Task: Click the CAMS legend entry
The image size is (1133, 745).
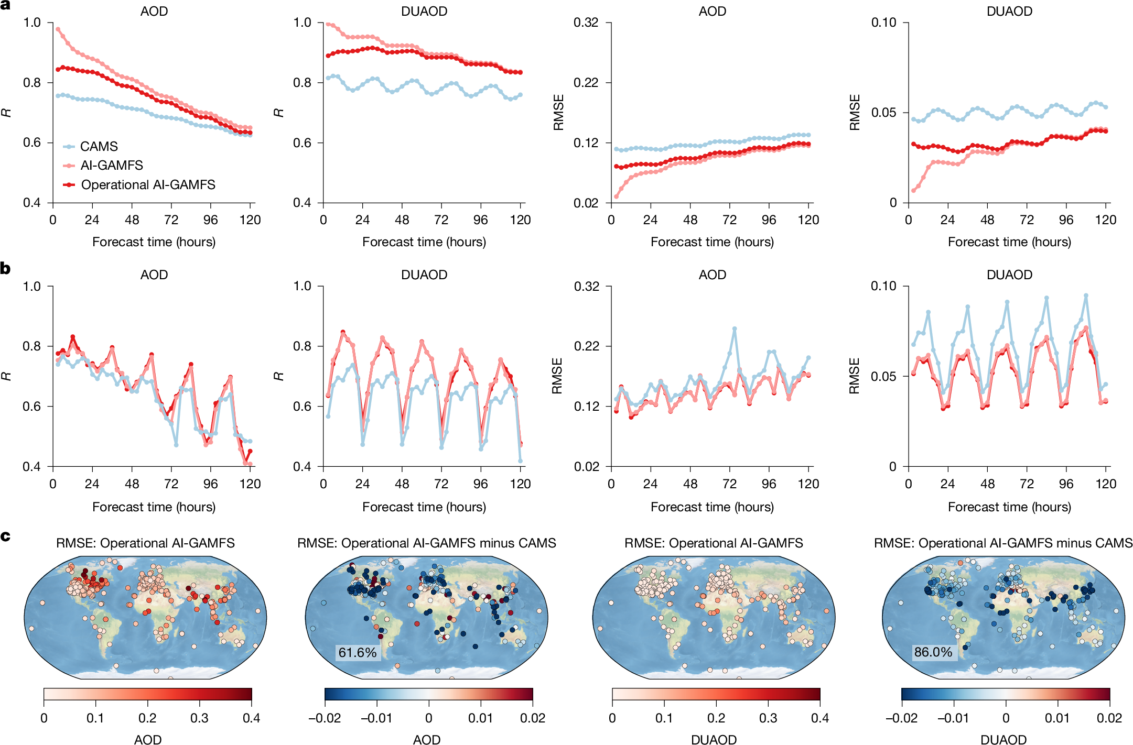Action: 99,146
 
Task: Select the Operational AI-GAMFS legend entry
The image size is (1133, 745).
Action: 148,184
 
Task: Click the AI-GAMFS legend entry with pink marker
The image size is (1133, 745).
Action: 111,166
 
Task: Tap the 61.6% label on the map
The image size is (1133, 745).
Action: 357,652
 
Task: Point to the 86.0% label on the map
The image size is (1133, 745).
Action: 933,652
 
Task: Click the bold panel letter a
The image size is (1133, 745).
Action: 5,4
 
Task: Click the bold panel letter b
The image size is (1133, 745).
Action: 5,268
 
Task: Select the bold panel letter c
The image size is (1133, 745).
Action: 5,536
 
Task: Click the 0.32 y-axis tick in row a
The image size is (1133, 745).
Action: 586,23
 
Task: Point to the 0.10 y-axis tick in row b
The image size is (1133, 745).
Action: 883,286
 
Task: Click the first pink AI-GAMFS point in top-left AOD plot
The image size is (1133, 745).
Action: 58,29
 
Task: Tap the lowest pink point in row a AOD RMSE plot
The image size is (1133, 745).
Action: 616,197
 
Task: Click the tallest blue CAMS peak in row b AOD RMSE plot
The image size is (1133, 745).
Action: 735,329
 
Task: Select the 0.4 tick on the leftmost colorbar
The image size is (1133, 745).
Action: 251,718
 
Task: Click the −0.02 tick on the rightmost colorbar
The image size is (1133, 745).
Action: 901,718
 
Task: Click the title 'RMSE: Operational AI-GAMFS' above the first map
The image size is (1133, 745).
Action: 145,543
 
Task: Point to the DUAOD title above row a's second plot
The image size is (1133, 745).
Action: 424,11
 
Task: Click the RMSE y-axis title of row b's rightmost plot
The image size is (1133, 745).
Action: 855,376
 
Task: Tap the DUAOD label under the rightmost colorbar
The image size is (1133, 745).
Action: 1003,739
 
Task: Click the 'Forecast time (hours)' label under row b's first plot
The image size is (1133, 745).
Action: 154,507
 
